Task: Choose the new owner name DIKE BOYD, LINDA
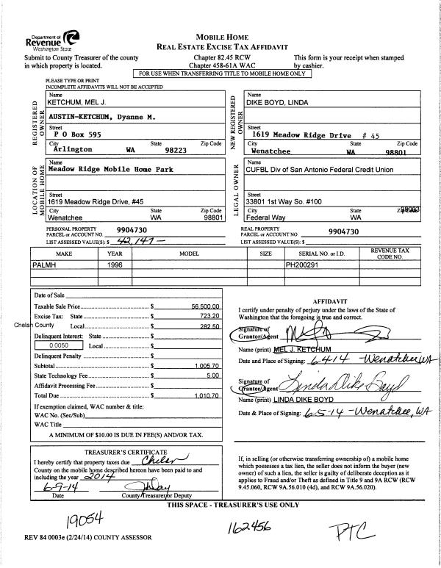point(282,102)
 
